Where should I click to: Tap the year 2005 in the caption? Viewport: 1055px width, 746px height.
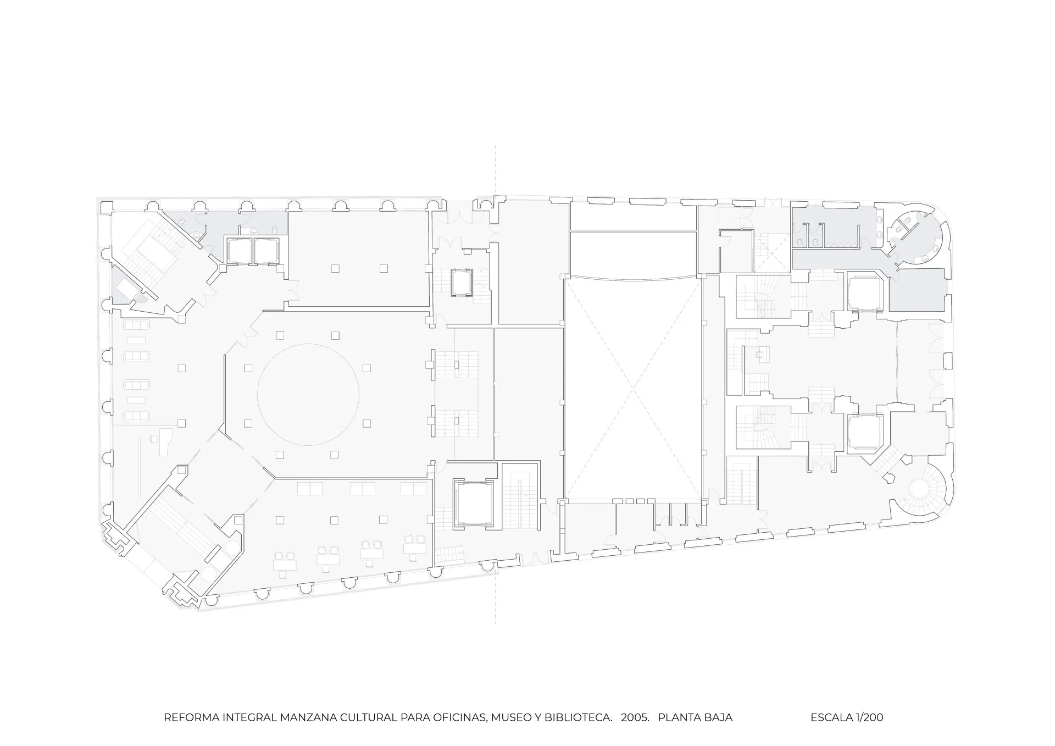click(635, 717)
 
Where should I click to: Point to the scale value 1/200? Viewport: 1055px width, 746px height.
click(870, 717)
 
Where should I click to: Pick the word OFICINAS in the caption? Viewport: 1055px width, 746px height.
click(460, 717)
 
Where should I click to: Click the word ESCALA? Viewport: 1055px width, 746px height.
click(831, 717)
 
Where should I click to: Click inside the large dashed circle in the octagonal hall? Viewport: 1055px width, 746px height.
click(308, 395)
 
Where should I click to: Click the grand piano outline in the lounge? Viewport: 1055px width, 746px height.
click(163, 443)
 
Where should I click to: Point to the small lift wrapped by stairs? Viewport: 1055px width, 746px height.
click(461, 283)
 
